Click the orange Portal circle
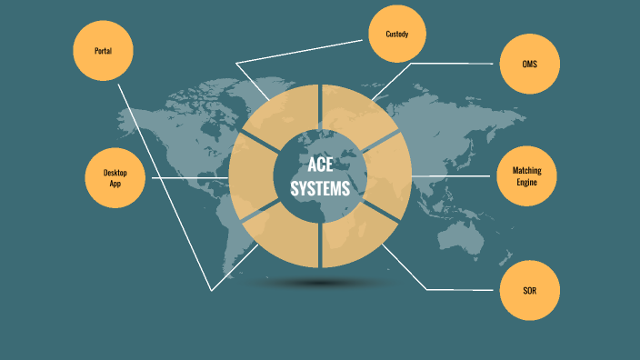pyautogui.click(x=104, y=50)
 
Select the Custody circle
pyautogui.click(x=398, y=34)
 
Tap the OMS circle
pyautogui.click(x=529, y=65)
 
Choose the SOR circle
pyautogui.click(x=529, y=290)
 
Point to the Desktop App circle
pyautogui.click(x=115, y=177)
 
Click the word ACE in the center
pyautogui.click(x=320, y=165)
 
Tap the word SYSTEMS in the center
pyautogui.click(x=320, y=189)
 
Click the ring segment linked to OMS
pyautogui.click(x=351, y=110)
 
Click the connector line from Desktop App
pyautogui.click(x=191, y=177)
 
